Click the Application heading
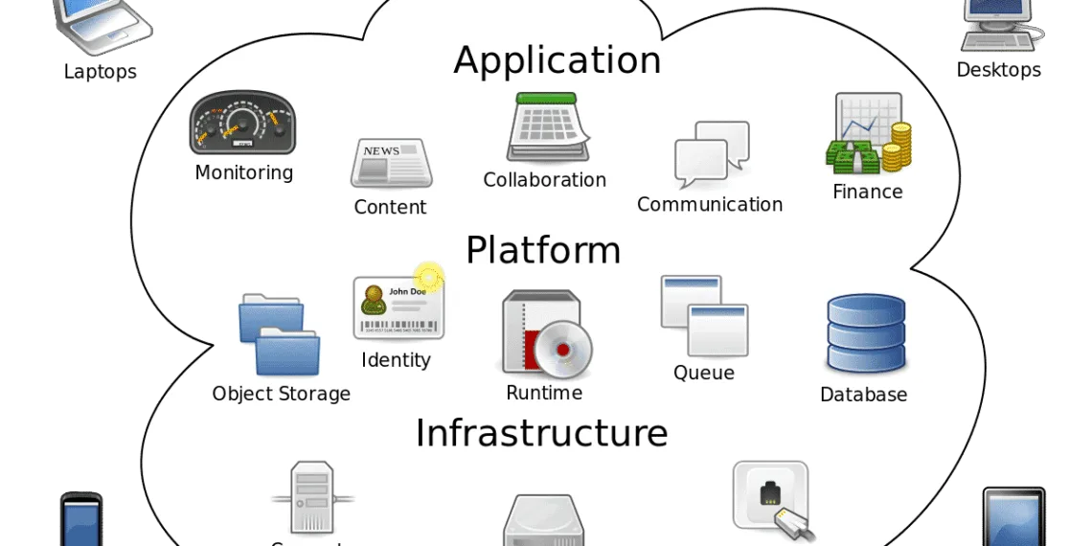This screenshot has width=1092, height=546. [x=557, y=60]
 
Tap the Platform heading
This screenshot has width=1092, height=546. [x=543, y=250]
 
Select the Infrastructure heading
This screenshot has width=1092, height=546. [x=541, y=433]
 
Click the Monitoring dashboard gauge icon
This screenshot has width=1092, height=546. [x=242, y=123]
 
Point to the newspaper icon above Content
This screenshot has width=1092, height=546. [x=391, y=163]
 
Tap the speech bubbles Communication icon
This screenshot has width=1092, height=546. [x=712, y=153]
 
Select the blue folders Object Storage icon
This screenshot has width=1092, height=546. [x=279, y=334]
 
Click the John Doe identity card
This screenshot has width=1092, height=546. [x=398, y=307]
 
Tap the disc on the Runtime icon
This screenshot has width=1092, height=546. [x=562, y=351]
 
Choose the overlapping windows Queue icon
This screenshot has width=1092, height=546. [x=704, y=315]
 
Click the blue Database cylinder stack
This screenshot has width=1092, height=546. [x=865, y=333]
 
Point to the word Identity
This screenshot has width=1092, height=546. [x=396, y=360]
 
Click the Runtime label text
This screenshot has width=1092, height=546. [x=544, y=393]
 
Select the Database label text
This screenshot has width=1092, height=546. [x=863, y=395]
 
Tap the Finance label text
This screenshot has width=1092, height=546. [x=867, y=192]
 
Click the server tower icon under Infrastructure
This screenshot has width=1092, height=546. [x=312, y=497]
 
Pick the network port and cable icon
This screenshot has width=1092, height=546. [x=772, y=498]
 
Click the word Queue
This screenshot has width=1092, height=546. [x=704, y=373]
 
